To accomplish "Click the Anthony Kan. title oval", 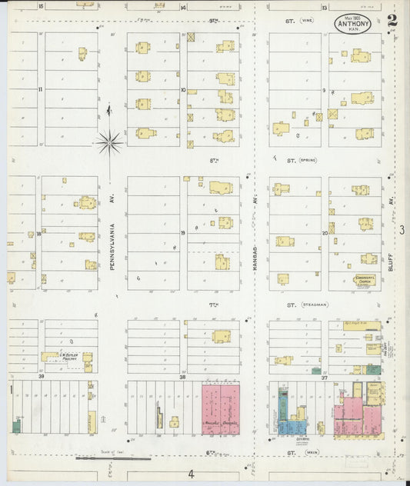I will coord(352,24).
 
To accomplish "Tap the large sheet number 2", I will coord(392,21).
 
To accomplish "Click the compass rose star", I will coord(109,141).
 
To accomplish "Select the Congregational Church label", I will coord(364,280).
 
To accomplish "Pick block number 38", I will coord(182,377).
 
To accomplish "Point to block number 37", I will coord(325,377).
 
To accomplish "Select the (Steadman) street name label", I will coord(314,305).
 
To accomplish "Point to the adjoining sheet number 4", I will coord(188,474).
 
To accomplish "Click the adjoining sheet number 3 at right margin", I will coord(402,229).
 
